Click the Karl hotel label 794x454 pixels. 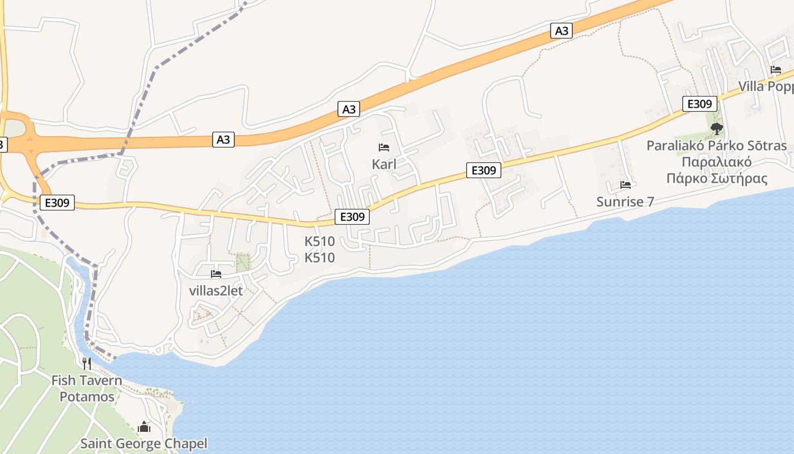point(384,165)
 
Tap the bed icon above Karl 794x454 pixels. point(384,148)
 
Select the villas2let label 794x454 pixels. point(216,291)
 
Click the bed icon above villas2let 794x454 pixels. point(216,274)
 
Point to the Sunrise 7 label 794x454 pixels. point(625,201)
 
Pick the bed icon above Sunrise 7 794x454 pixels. point(626,185)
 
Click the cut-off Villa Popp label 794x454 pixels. point(766,86)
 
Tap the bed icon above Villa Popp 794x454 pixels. point(776,70)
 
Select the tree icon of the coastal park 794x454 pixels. point(717,128)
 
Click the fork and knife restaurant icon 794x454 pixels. point(87,363)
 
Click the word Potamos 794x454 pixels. point(87,396)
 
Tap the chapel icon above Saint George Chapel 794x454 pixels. point(144,427)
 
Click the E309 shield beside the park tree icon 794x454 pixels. point(699,104)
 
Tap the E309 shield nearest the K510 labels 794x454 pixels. point(352,216)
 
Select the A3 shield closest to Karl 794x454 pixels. point(349,109)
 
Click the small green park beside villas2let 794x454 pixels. point(243,262)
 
